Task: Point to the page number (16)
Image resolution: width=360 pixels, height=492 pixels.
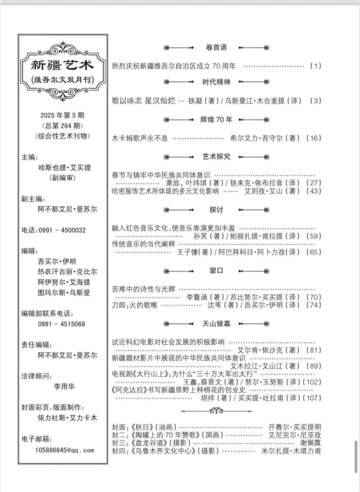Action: (x=314, y=138)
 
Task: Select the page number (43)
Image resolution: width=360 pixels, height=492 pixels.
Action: (x=314, y=191)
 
